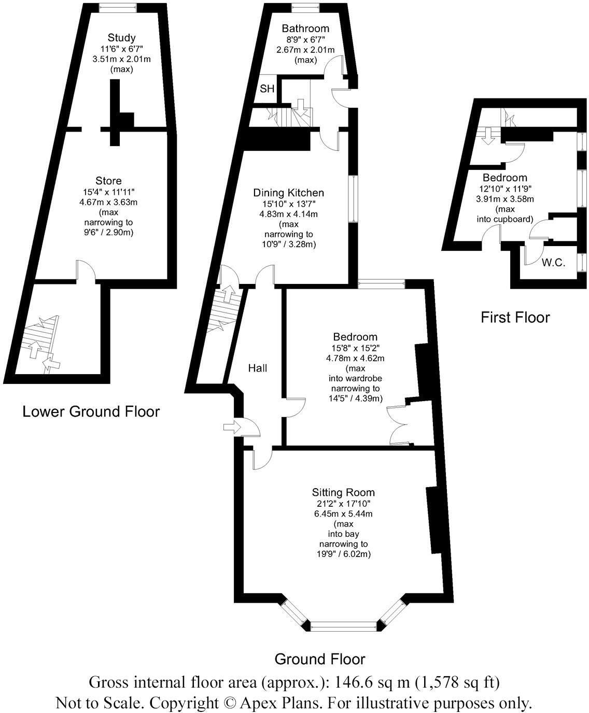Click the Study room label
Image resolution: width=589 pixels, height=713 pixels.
click(122, 37)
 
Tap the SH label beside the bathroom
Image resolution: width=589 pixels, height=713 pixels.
click(267, 89)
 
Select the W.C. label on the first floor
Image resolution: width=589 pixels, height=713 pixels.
click(553, 263)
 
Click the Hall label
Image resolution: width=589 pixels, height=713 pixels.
click(258, 368)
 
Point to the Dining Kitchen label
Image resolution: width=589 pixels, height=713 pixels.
click(288, 193)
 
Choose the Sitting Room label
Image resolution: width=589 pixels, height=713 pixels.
click(343, 492)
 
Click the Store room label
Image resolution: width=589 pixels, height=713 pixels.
click(109, 180)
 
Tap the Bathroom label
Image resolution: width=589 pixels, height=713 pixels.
click(305, 28)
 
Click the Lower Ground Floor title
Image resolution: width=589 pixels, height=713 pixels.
click(91, 411)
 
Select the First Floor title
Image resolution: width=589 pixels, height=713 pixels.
click(515, 317)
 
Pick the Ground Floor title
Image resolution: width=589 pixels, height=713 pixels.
click(319, 659)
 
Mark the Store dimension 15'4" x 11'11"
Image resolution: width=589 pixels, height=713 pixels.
click(109, 191)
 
